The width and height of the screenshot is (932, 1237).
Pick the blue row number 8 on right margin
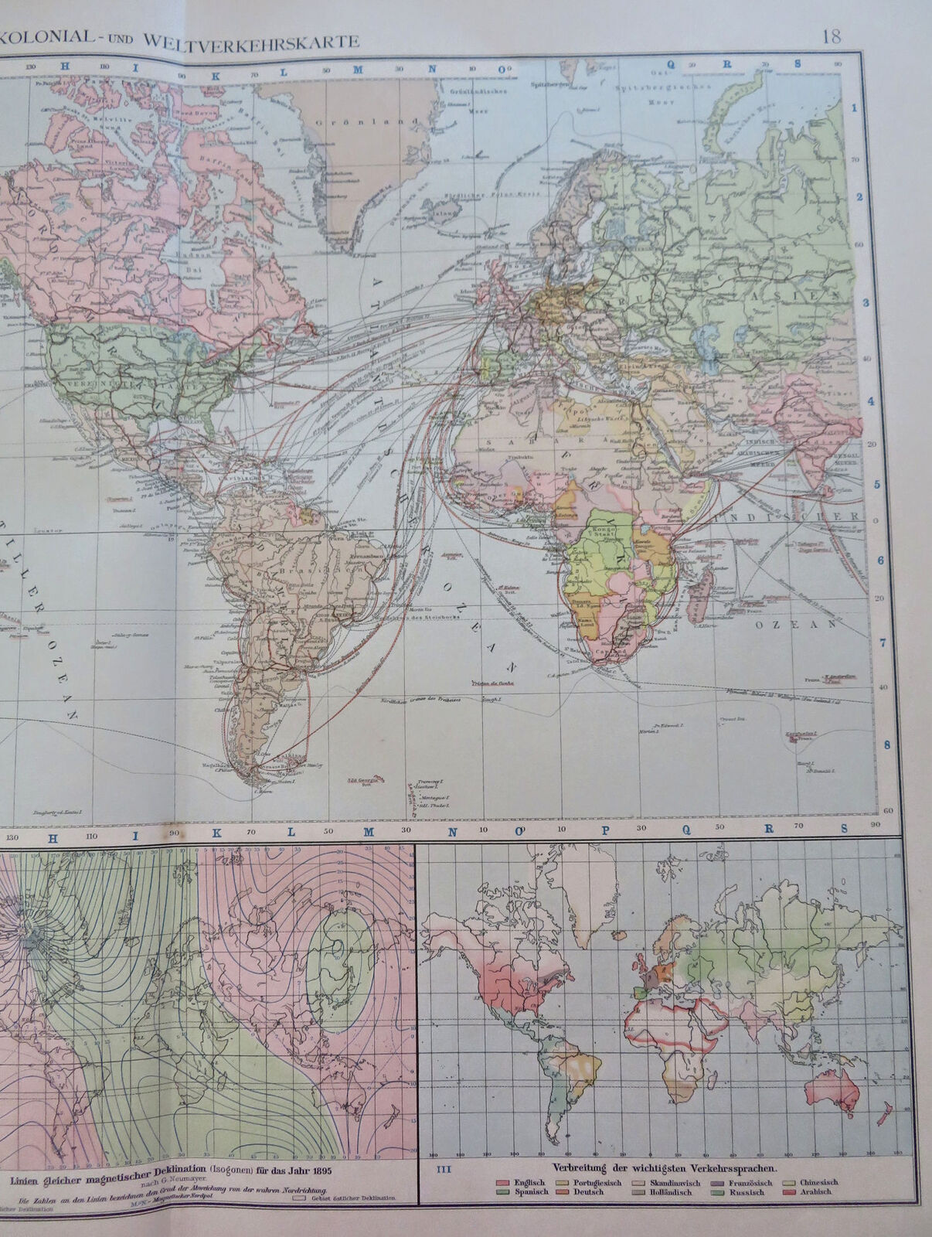(888, 745)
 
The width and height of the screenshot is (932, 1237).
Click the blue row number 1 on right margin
(855, 107)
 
